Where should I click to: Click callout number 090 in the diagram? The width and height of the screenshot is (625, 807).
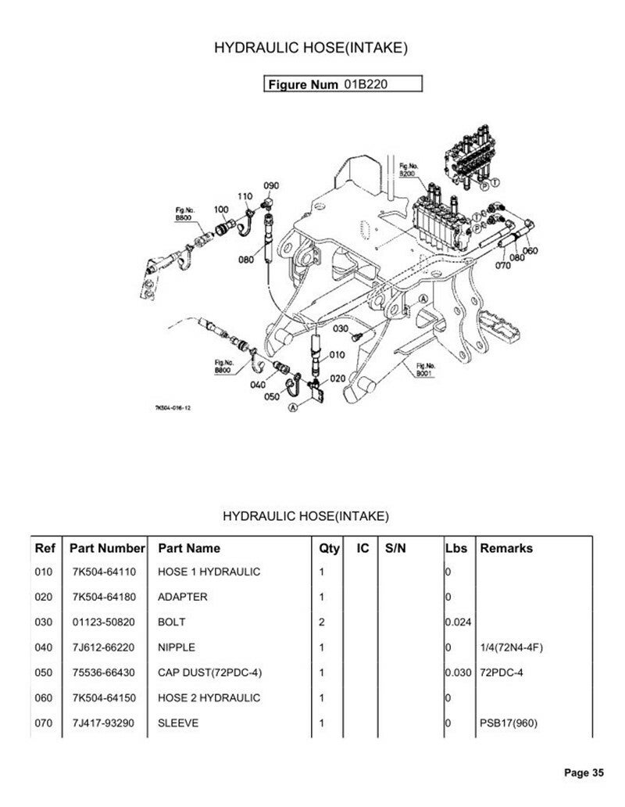271,185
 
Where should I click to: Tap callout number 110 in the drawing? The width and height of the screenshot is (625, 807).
245,196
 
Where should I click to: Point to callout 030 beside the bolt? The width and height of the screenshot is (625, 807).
341,328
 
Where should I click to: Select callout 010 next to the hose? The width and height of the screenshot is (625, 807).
337,354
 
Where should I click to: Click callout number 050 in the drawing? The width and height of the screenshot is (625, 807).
272,396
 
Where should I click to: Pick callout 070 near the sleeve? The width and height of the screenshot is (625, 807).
502,265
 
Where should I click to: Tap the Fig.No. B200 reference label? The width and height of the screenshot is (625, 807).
409,170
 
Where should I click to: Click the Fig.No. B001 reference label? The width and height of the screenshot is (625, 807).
426,370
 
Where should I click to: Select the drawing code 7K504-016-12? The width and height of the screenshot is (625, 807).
173,408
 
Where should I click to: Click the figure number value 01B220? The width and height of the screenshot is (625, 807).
366,84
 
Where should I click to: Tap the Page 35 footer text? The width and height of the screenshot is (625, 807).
584,772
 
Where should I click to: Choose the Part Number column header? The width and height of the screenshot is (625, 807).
108,548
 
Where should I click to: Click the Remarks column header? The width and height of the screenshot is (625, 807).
506,548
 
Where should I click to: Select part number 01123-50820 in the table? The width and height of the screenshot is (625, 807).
103,622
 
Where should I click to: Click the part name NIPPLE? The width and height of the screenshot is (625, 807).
177,647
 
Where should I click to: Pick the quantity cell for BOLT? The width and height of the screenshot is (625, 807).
322,622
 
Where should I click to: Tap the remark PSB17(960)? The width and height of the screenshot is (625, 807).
509,723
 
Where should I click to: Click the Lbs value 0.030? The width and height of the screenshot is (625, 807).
458,672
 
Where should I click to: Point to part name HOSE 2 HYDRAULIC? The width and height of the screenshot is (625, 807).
209,698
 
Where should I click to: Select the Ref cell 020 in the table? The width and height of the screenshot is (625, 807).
44,597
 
